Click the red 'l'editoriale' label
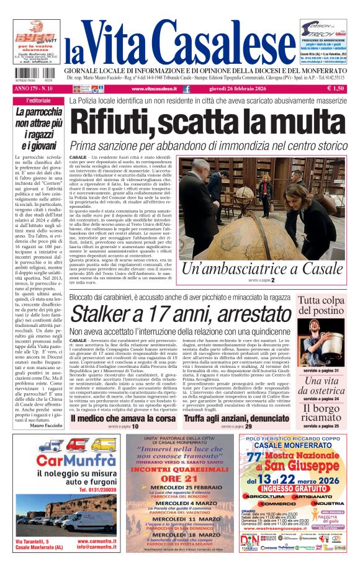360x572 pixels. [x=39, y=101]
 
